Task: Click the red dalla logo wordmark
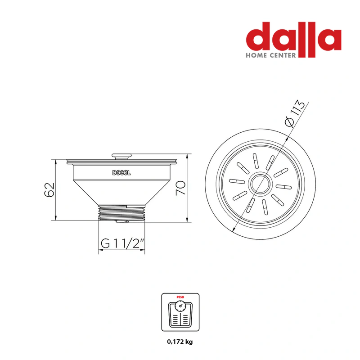coord(294,37)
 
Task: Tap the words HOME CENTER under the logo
coord(271,55)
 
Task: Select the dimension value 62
coord(49,189)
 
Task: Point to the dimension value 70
coord(180,188)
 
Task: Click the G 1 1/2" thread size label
coord(122,243)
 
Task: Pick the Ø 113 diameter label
coord(295,113)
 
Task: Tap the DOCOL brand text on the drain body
coord(121,173)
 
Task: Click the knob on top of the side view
coord(121,156)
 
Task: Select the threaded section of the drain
coord(121,212)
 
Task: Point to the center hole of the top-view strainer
coord(260,184)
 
